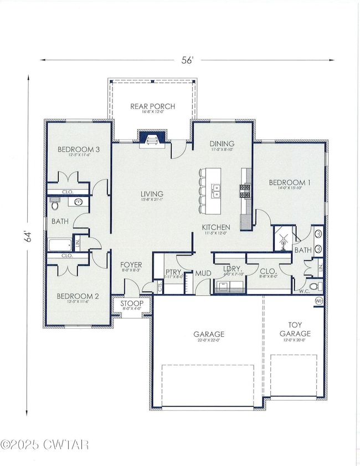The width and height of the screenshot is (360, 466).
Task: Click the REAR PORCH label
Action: (152, 106)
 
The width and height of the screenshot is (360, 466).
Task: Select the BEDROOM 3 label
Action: (78, 150)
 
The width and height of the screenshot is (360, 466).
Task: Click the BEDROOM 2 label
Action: (78, 296)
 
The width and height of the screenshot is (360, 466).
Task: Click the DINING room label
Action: (222, 144)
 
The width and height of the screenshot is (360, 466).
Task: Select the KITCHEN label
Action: (217, 228)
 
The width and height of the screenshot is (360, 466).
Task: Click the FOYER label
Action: (131, 265)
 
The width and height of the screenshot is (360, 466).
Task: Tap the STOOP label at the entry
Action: (132, 304)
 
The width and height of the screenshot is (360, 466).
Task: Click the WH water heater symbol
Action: (318, 300)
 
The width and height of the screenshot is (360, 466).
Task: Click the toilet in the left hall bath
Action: (55, 205)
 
